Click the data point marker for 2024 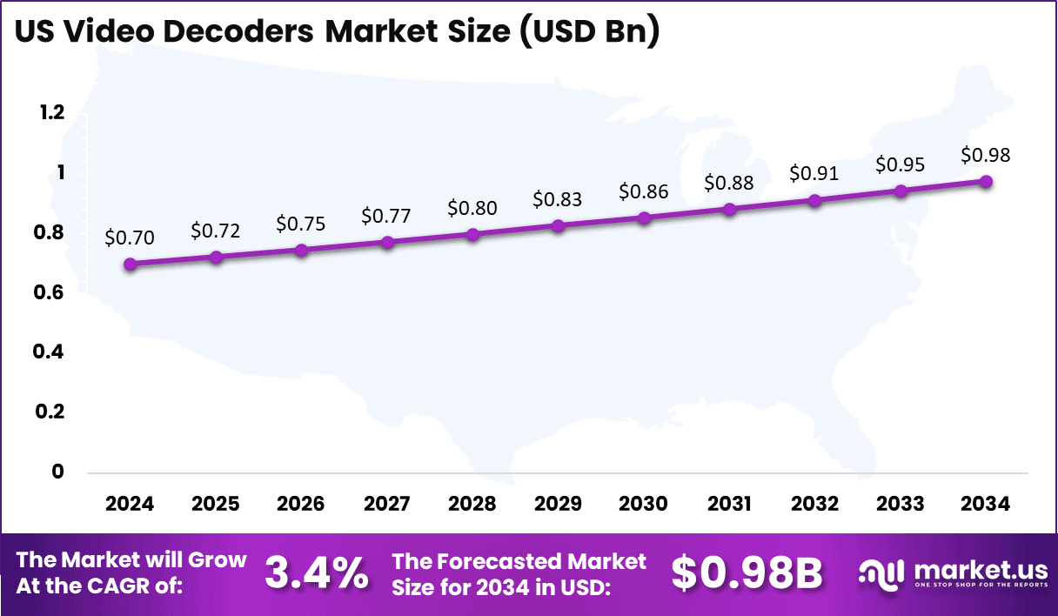pyautogui.click(x=130, y=264)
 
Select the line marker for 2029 pyautogui.click(x=559, y=226)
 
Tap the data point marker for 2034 pyautogui.click(x=986, y=181)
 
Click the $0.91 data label pyautogui.click(x=814, y=173)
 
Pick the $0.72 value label pyautogui.click(x=214, y=231)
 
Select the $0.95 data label pyautogui.click(x=900, y=164)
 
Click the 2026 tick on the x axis pyautogui.click(x=301, y=504)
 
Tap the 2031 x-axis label pyautogui.click(x=729, y=504)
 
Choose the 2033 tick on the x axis pyautogui.click(x=900, y=504)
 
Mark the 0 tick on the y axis pyautogui.click(x=58, y=472)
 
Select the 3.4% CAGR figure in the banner pyautogui.click(x=315, y=572)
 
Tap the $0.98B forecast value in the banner pyautogui.click(x=747, y=572)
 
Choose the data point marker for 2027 pyautogui.click(x=387, y=242)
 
